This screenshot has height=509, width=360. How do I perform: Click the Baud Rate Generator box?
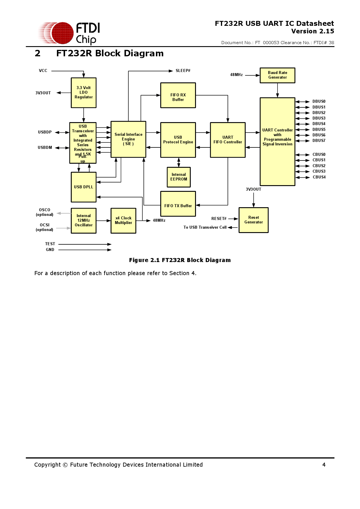[277, 75]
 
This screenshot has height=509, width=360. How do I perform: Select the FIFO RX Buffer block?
[178, 95]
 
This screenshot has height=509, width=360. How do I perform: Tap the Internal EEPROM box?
[179, 177]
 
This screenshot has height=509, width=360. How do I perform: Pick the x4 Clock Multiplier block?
[123, 221]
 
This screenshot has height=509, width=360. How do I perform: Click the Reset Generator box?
[253, 220]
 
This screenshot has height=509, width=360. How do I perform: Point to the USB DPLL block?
[84, 187]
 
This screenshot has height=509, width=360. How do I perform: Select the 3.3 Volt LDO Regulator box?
[84, 93]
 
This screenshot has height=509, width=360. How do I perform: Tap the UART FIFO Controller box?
[228, 140]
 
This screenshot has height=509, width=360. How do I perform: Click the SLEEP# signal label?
[183, 71]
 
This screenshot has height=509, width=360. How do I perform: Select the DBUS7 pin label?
[319, 141]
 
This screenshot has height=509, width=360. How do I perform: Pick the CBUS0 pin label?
[319, 154]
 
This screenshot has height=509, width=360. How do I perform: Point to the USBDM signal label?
[45, 147]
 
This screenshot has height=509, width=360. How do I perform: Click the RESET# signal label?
[219, 219]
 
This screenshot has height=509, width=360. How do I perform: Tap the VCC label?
[43, 71]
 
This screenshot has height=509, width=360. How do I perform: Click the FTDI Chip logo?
[70, 33]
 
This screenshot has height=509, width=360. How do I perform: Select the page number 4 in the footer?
[324, 465]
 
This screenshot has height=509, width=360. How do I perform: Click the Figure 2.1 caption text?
[180, 260]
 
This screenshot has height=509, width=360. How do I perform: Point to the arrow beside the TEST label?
[85, 244]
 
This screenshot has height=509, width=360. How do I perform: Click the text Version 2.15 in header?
[312, 31]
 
